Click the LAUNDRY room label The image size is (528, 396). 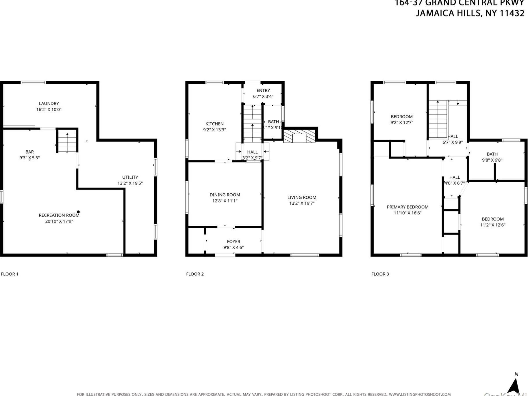click(x=49, y=103)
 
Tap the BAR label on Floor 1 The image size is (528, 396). click(x=29, y=152)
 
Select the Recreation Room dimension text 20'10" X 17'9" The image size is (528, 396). click(x=59, y=221)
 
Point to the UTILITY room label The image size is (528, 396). click(x=130, y=177)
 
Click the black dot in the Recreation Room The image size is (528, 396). click(x=78, y=212)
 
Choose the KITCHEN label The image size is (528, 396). click(x=214, y=124)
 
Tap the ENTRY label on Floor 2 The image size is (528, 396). click(x=263, y=90)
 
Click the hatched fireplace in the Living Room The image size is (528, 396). click(x=299, y=136)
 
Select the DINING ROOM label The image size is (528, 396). click(x=225, y=195)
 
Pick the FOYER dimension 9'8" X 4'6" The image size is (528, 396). click(x=234, y=247)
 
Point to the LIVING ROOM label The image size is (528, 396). click(x=302, y=197)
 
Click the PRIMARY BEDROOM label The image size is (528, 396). click(x=407, y=207)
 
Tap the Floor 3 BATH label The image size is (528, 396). click(x=492, y=154)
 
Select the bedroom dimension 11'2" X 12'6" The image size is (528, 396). click(x=493, y=225)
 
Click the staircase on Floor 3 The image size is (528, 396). click(x=438, y=119)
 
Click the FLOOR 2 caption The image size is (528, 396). click(x=195, y=274)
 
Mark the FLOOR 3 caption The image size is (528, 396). click(x=380, y=274)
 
